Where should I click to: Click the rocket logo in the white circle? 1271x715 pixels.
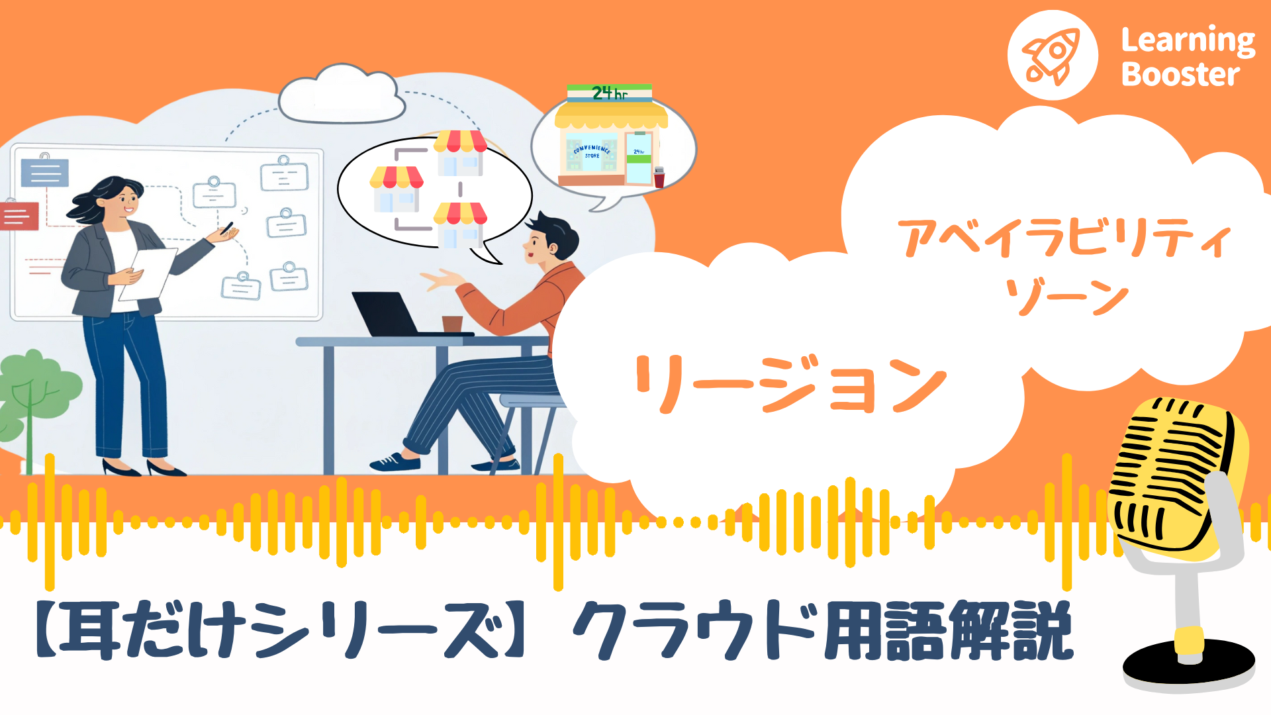pyautogui.click(x=1052, y=56)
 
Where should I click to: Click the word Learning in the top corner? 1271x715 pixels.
pyautogui.click(x=1188, y=41)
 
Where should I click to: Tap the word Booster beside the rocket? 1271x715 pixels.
pyautogui.click(x=1180, y=74)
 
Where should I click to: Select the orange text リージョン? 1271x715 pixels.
pyautogui.click(x=790, y=384)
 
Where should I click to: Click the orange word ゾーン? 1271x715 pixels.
pyautogui.click(x=1066, y=296)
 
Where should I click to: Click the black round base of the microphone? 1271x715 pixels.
pyautogui.click(x=1188, y=665)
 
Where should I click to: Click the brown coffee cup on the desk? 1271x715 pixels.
pyautogui.click(x=452, y=323)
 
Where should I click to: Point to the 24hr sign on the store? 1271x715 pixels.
pyautogui.click(x=610, y=93)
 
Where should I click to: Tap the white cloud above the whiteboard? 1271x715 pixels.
pyautogui.click(x=341, y=96)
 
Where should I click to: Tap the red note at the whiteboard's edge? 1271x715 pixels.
pyautogui.click(x=19, y=216)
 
